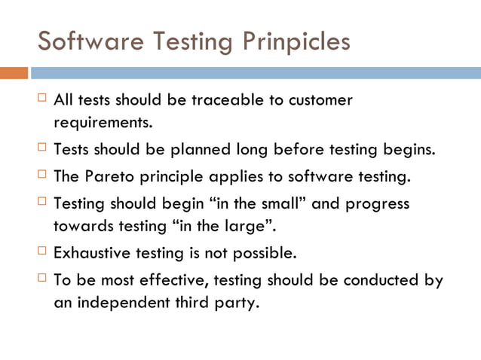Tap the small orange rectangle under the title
14,73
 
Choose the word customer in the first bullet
319,100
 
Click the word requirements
103,121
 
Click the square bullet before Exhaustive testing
42,252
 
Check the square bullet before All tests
42,99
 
